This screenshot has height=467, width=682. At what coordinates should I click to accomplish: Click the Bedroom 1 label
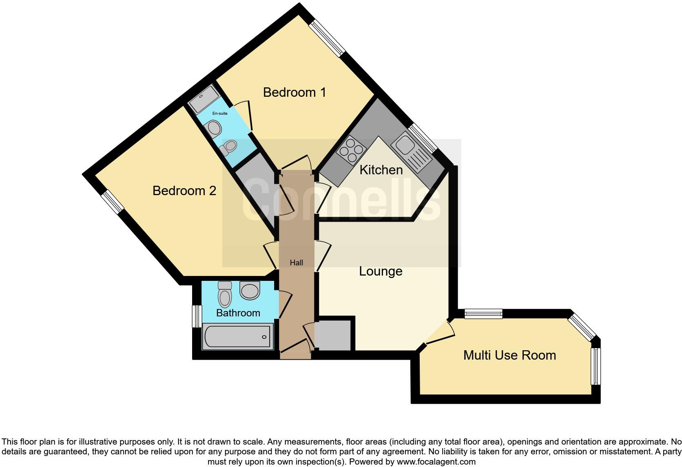click(294, 92)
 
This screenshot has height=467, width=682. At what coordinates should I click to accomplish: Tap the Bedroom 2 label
click(184, 191)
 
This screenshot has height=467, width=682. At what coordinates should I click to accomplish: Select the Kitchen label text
click(381, 170)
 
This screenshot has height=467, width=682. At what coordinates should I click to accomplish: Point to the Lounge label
click(381, 271)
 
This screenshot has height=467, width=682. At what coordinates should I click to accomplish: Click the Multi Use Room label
click(509, 355)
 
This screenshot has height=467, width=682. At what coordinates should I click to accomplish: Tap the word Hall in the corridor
click(297, 263)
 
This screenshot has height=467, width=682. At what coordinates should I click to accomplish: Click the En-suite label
click(220, 113)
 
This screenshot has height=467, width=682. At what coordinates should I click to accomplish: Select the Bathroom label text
click(238, 313)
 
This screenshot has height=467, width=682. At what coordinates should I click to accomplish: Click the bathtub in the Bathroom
click(238, 337)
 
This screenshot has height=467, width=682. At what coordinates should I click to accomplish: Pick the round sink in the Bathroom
click(250, 290)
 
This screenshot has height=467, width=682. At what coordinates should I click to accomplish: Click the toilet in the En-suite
click(228, 147)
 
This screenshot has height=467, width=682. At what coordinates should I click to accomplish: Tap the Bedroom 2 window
click(112, 202)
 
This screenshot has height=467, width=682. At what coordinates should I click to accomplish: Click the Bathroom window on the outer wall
click(197, 316)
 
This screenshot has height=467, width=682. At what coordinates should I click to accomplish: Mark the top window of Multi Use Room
click(483, 314)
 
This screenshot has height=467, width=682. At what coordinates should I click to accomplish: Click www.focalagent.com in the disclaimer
click(436, 462)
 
